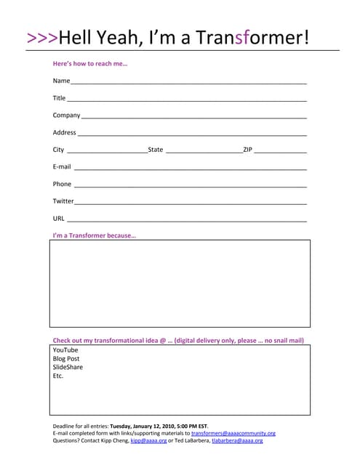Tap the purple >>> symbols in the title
(41, 38)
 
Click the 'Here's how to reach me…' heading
(90, 64)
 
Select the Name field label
(61, 81)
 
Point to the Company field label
(66, 116)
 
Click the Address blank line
(192, 134)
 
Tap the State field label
(156, 150)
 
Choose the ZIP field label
(247, 150)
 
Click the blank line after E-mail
(190, 168)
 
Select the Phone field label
(62, 185)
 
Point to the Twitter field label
(63, 201)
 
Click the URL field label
(59, 219)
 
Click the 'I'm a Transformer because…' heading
(95, 235)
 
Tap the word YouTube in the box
(65, 350)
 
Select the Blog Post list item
(66, 359)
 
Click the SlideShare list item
(68, 368)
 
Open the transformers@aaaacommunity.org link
(233, 433)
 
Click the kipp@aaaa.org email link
(148, 440)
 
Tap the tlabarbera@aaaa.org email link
(237, 440)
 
